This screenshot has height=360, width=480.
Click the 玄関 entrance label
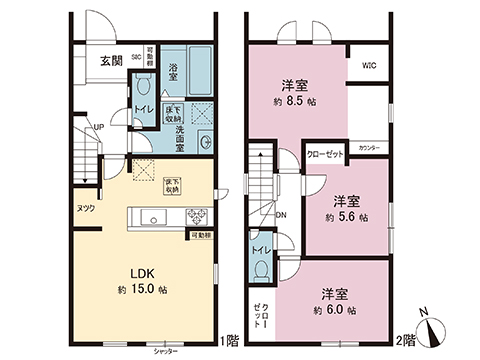coord(111,60)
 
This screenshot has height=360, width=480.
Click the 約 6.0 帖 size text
coord(333,310)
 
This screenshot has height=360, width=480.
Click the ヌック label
coord(86,208)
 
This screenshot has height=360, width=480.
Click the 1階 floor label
coord(232,340)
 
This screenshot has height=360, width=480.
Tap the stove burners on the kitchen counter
coord(193,216)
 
